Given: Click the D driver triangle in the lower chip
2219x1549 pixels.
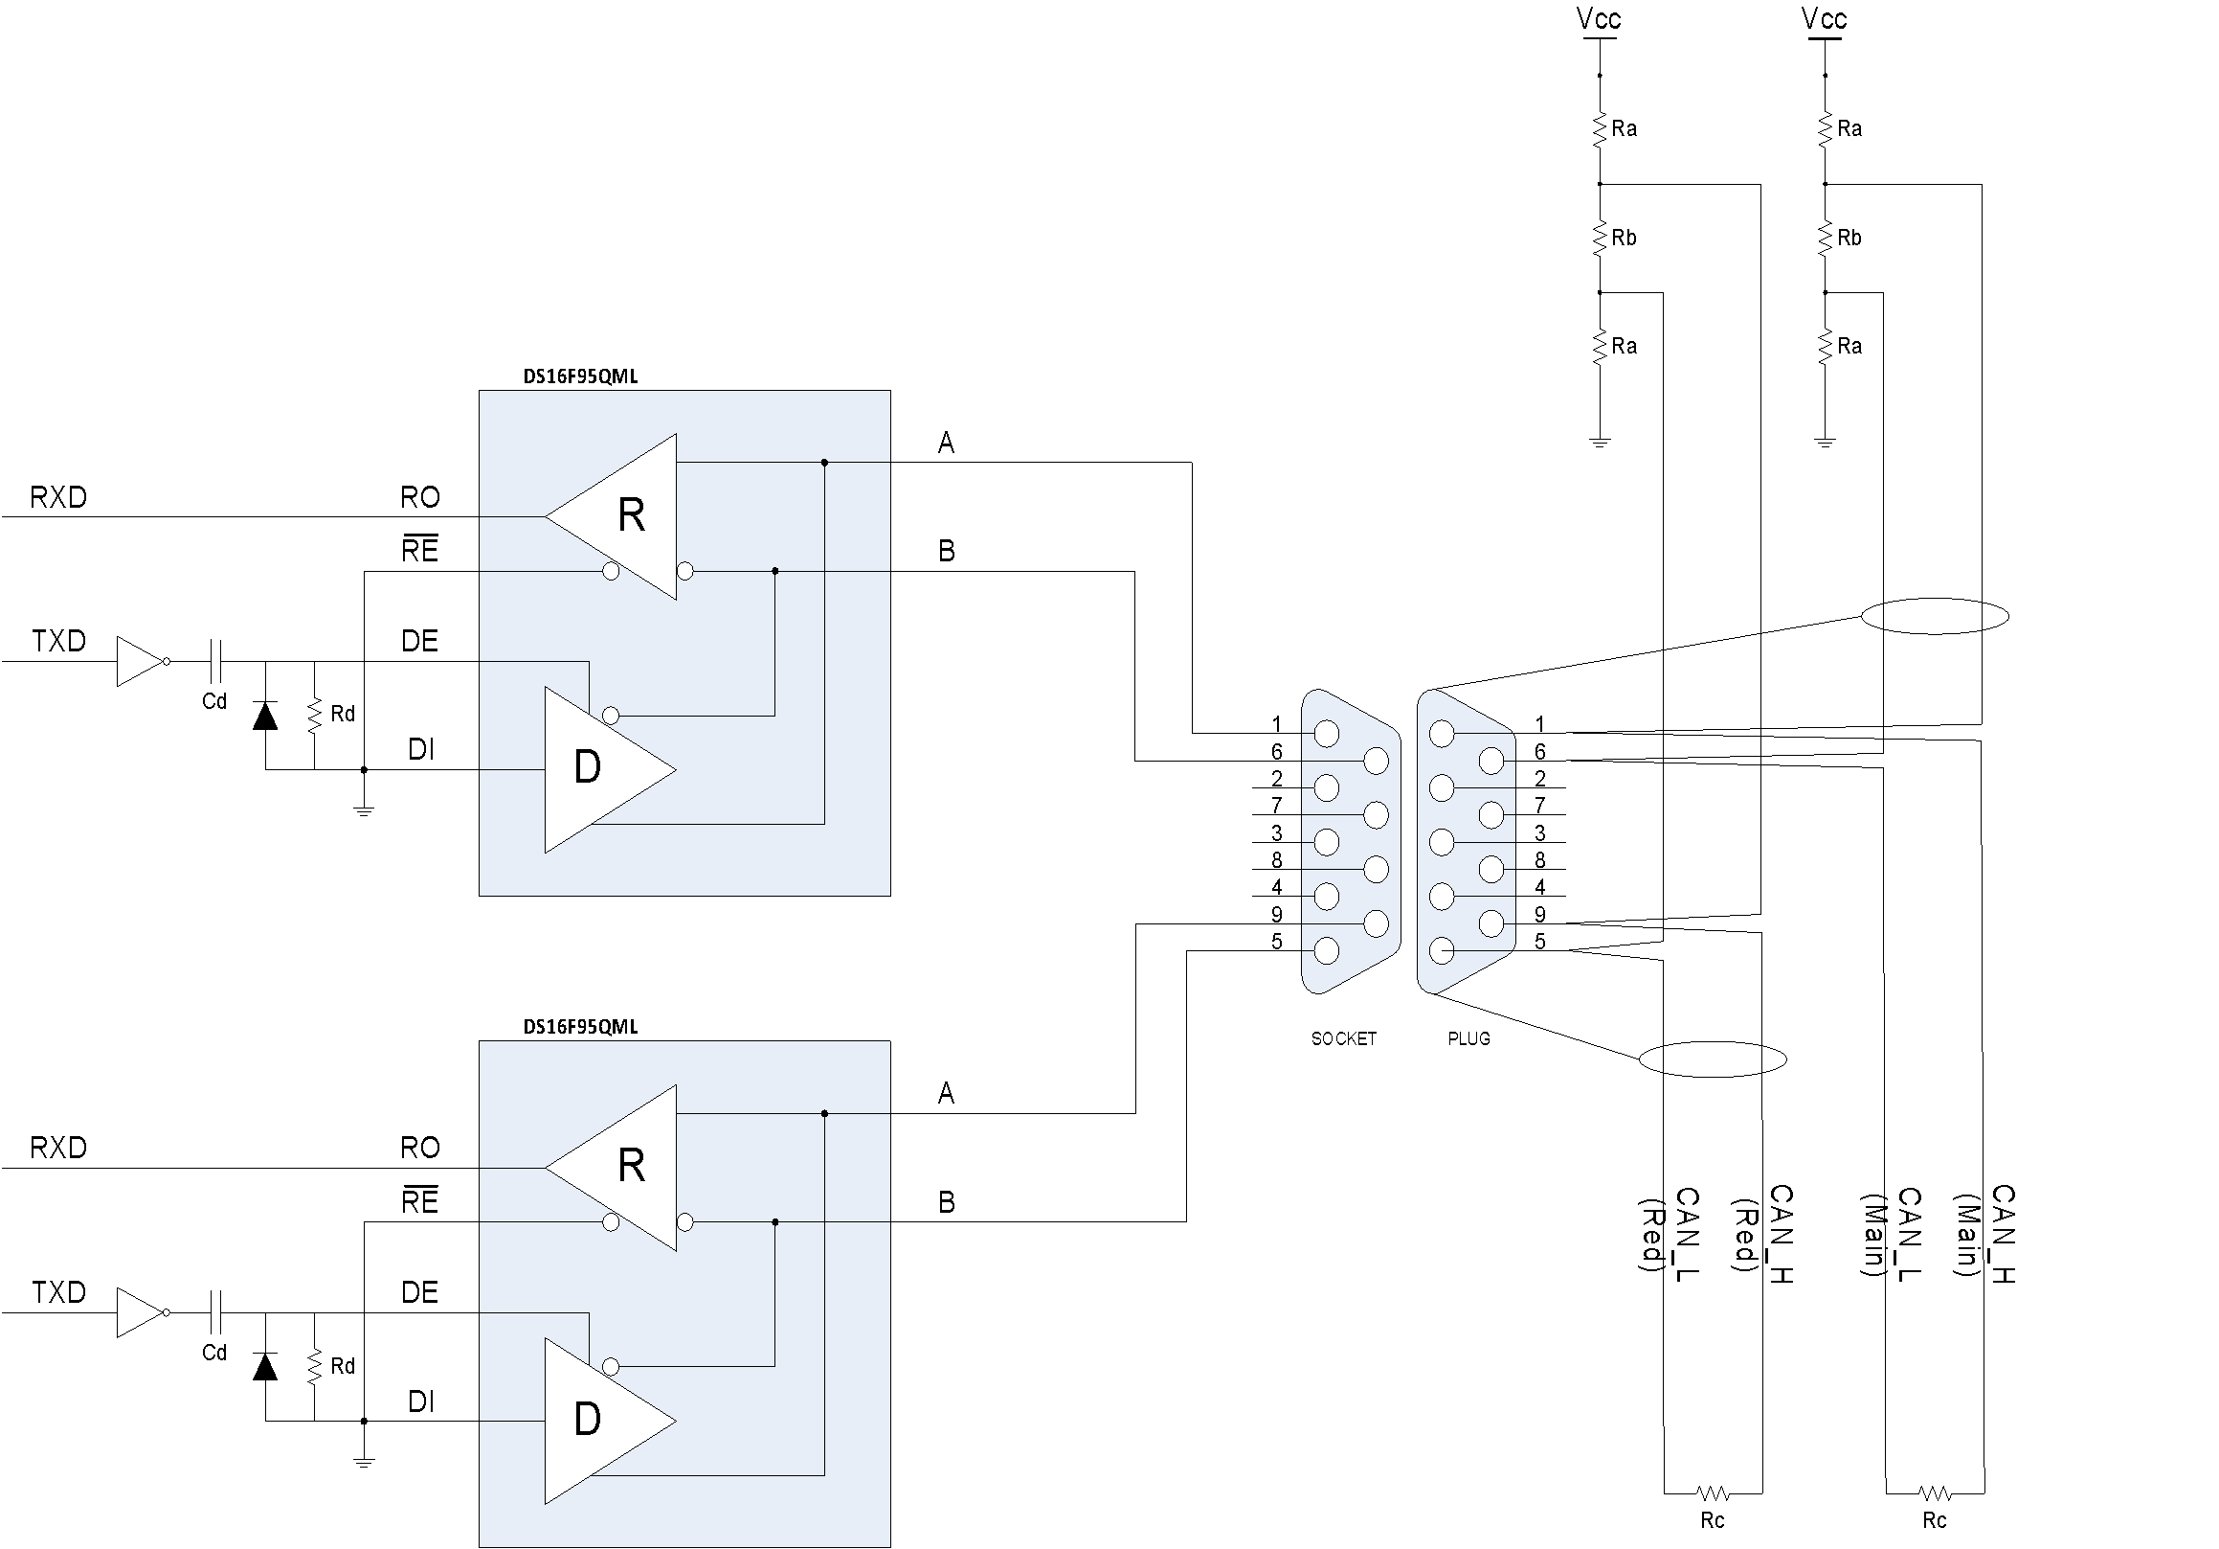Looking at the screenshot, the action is pos(599,1421).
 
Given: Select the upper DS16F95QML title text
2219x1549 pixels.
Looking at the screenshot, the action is pos(580,376).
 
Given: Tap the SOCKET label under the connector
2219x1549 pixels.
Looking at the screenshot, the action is pos(1343,1038).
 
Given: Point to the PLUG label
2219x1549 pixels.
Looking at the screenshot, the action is pos(1468,1038).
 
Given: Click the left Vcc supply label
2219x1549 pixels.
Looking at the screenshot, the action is pos(1599,18).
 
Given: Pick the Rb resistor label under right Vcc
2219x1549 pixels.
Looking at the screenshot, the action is pos(1849,238).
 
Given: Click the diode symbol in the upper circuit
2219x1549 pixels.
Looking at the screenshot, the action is pos(265,716).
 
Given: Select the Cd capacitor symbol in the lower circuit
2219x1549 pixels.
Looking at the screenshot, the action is pos(215,1312).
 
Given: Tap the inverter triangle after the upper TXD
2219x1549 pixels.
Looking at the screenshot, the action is pos(142,661).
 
